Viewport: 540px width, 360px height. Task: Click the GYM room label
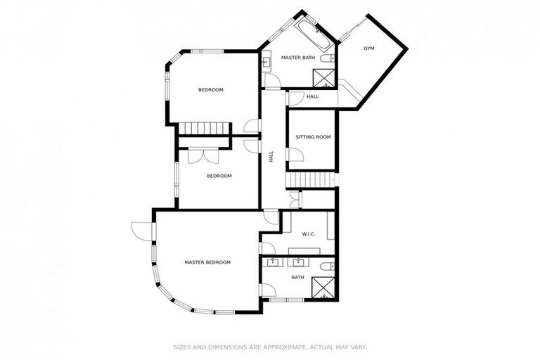coord(368,48)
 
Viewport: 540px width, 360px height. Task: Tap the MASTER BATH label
coord(297,57)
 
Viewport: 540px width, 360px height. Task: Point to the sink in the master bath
coord(266,63)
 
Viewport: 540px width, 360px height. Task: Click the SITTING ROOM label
coord(312,136)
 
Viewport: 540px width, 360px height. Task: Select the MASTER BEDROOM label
coord(207,262)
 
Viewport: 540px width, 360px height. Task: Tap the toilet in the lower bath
coord(326,266)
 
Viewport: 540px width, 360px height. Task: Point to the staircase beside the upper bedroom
coord(204,128)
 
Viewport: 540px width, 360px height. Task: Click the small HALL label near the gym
coord(312,96)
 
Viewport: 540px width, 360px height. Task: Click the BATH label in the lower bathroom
coord(298,277)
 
